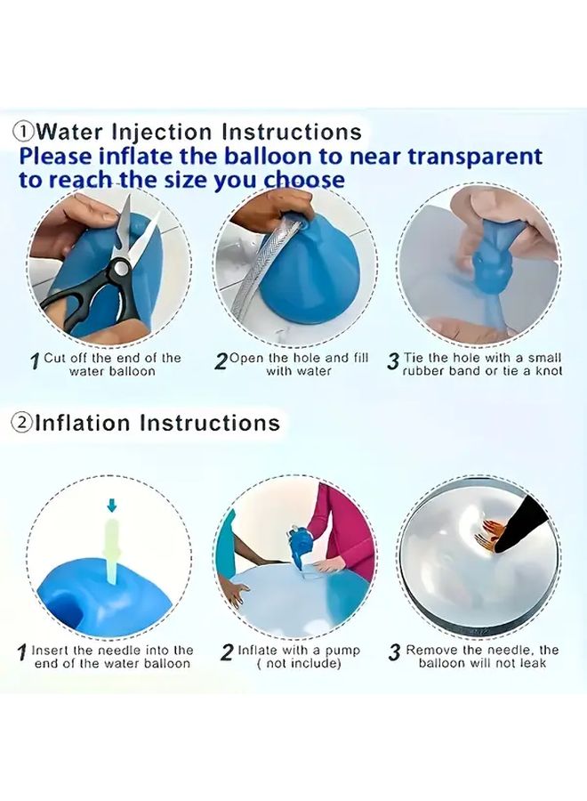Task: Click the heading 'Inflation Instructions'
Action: (157, 422)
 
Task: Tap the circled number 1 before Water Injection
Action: (24, 132)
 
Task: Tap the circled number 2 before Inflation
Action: (22, 423)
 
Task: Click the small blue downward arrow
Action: (111, 506)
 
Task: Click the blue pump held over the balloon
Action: (298, 545)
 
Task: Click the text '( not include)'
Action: (299, 663)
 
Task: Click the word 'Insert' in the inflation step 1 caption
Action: (51, 651)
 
